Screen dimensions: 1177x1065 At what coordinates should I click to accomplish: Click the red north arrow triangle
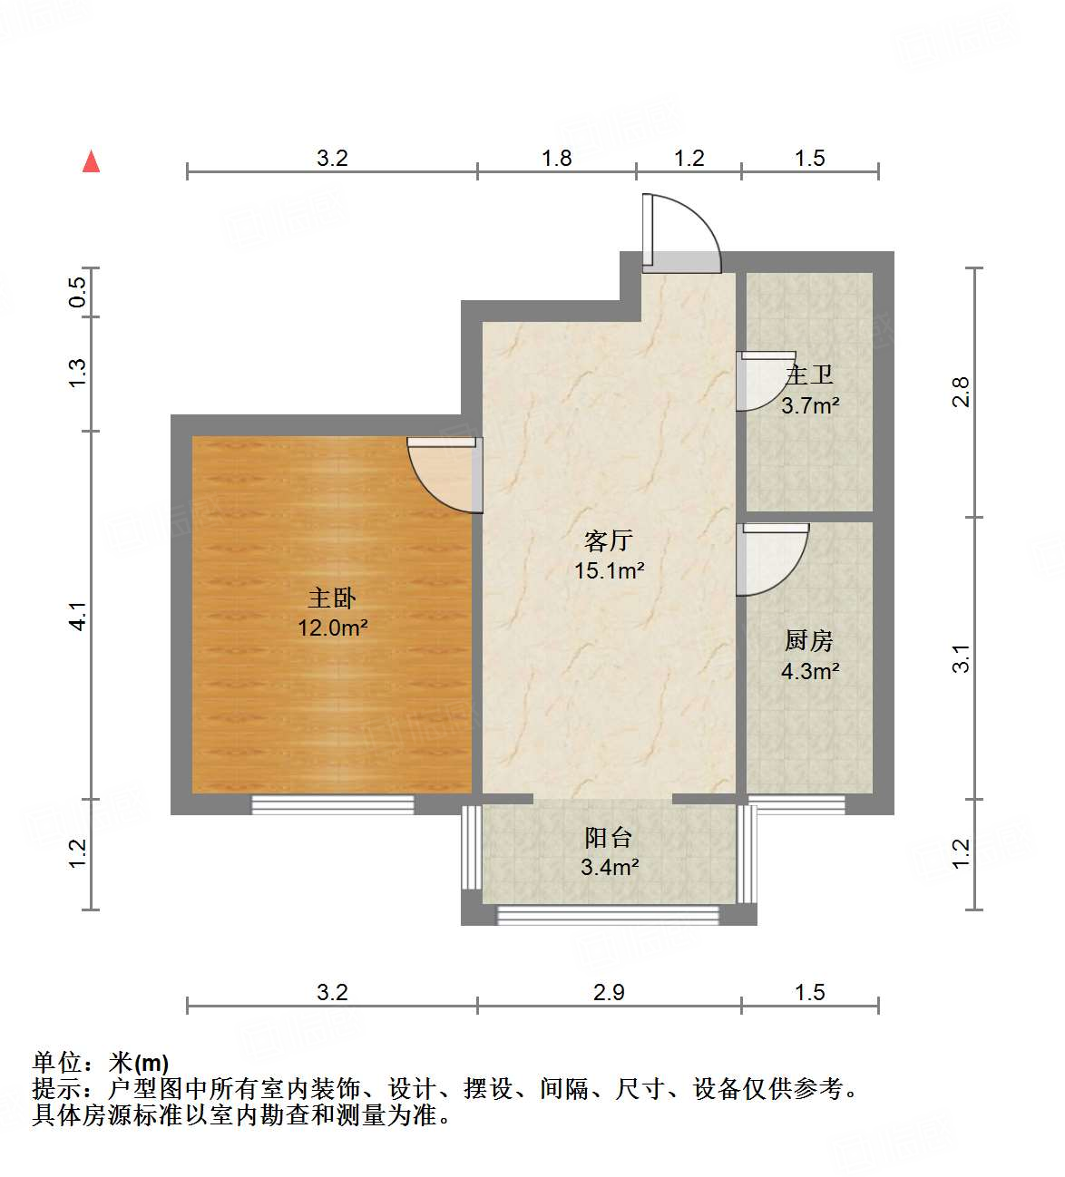click(91, 161)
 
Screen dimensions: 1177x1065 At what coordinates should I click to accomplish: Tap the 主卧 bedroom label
click(332, 598)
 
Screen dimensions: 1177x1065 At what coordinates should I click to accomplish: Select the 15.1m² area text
click(609, 570)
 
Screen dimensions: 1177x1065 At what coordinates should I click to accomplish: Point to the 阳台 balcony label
click(609, 837)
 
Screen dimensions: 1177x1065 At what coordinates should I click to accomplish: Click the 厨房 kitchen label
click(808, 641)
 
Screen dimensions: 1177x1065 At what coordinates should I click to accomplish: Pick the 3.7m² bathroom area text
click(810, 405)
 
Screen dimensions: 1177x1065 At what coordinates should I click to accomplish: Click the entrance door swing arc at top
click(689, 227)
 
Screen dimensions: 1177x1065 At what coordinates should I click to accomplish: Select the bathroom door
click(762, 381)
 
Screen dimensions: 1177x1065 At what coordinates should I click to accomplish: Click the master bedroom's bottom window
click(332, 804)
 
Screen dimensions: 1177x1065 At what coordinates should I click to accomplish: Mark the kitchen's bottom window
click(796, 804)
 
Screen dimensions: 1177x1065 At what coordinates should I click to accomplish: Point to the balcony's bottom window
click(608, 915)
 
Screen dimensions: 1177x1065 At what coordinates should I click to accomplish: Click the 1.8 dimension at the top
click(556, 159)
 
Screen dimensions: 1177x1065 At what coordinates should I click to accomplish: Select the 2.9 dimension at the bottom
click(609, 992)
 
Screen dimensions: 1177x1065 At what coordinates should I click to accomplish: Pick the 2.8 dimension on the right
click(961, 392)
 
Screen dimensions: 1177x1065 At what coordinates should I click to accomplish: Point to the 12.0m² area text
click(332, 627)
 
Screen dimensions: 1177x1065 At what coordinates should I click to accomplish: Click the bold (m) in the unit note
click(151, 1063)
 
